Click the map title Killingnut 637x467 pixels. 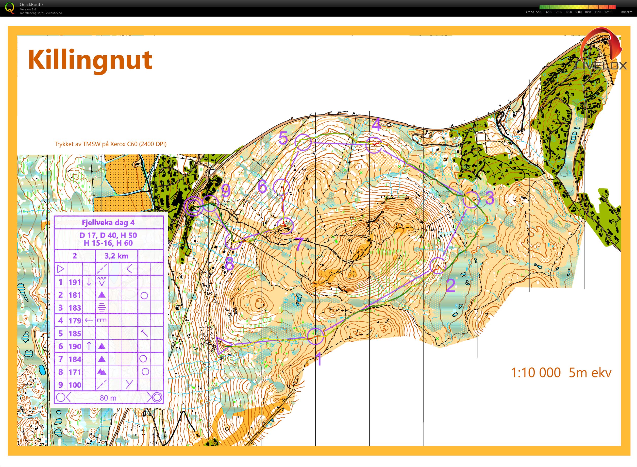tap(90, 60)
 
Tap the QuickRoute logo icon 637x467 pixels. tap(10, 8)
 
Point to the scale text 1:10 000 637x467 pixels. tap(536, 373)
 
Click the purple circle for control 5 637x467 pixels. tap(303, 142)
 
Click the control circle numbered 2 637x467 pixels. tap(438, 266)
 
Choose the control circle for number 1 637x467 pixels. tap(315, 336)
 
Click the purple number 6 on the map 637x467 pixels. tap(262, 186)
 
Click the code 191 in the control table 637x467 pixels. tap(75, 282)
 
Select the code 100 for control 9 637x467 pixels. tap(75, 385)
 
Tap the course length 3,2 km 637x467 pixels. tap(116, 256)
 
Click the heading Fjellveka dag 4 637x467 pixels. tap(108, 223)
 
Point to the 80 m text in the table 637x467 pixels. tap(108, 398)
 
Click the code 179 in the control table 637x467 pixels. tap(75, 321)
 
